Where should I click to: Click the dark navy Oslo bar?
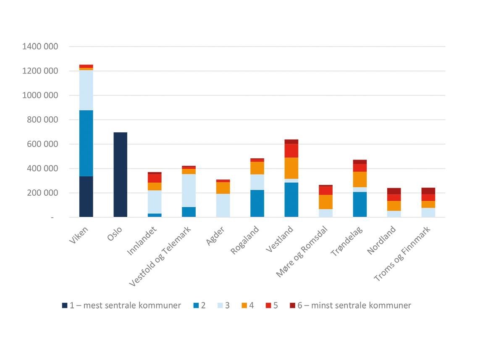[x=120, y=175]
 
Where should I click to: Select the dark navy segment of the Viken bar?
[x=86, y=197]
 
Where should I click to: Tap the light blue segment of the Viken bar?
[x=86, y=90]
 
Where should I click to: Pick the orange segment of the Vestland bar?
[x=291, y=168]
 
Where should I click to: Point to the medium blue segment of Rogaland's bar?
[x=257, y=203]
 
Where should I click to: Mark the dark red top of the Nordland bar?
[x=394, y=191]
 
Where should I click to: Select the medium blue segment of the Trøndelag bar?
[x=360, y=204]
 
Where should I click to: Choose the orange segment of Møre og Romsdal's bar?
[x=325, y=202]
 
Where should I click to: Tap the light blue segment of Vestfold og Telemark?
[x=189, y=190]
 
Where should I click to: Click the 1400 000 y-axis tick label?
[x=40, y=47]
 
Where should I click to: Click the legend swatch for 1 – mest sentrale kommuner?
[x=65, y=305]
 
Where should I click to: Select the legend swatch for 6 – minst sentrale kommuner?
[x=292, y=305]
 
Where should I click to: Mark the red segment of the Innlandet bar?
[x=155, y=178]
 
